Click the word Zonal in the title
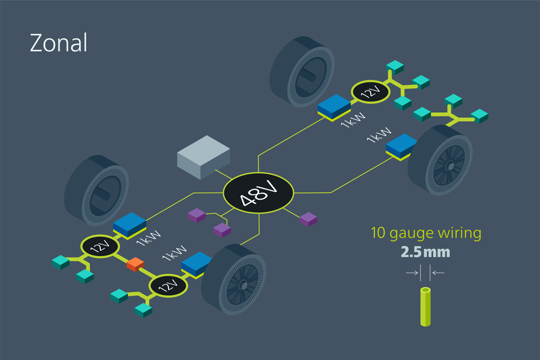(x=58, y=43)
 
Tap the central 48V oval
(x=258, y=193)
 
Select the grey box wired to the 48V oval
(x=204, y=157)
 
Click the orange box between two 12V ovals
(x=135, y=264)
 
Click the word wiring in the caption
(x=459, y=233)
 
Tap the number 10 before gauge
(x=378, y=233)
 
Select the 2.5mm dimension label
(x=426, y=252)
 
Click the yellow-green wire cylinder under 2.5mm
(x=426, y=307)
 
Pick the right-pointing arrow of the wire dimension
(x=412, y=273)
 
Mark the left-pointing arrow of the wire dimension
(x=438, y=273)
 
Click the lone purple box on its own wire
(x=308, y=219)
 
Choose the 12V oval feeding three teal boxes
(x=370, y=92)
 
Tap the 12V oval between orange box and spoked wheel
(x=168, y=286)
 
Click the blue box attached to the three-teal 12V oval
(x=334, y=107)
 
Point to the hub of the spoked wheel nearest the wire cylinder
(x=450, y=166)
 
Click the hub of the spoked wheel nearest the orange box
(x=244, y=286)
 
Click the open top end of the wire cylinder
(x=426, y=290)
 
